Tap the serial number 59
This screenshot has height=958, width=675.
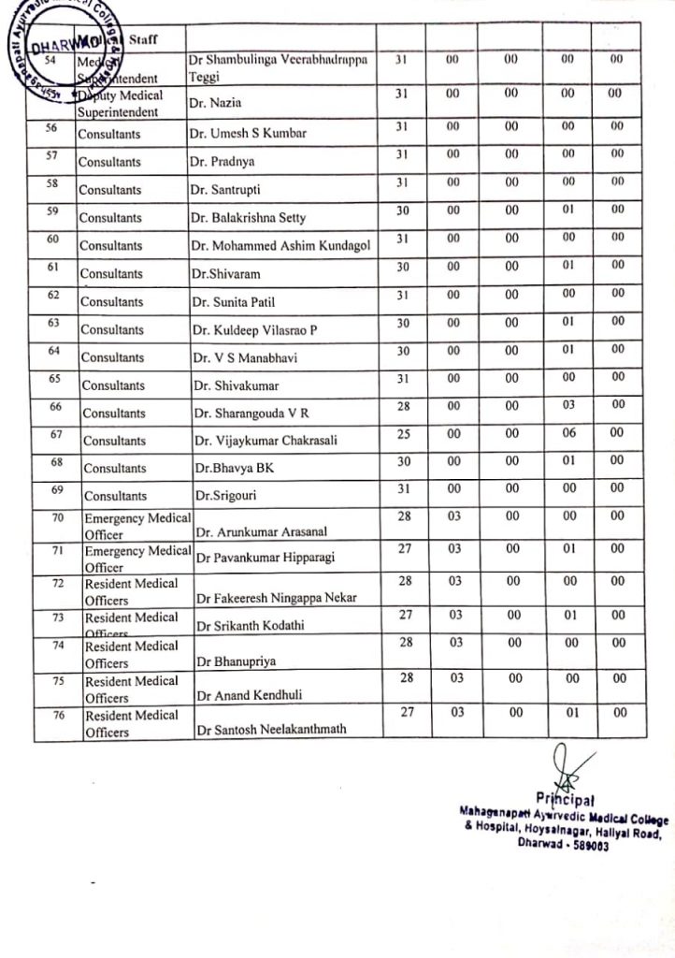coord(53,211)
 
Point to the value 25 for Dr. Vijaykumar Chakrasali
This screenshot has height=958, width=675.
coord(403,432)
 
